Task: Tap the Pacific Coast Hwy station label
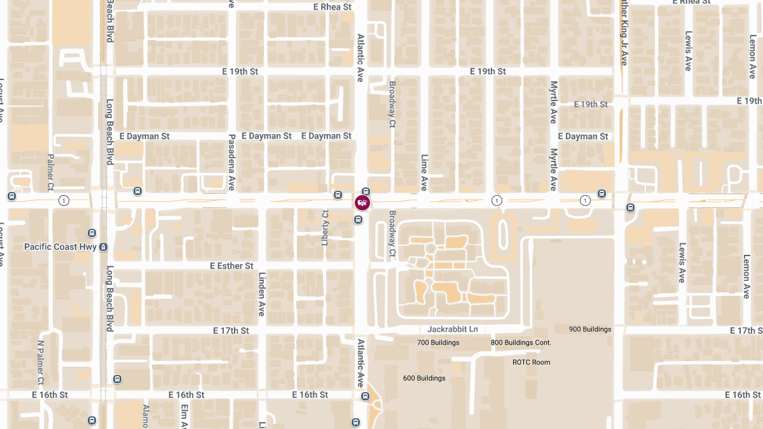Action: point(59,247)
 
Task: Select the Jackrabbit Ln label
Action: point(452,329)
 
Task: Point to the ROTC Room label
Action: point(531,362)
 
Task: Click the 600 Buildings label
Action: point(424,378)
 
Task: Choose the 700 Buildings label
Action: point(438,343)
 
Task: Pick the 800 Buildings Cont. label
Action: point(520,343)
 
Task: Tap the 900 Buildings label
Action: point(590,329)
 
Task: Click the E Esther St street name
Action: point(231,266)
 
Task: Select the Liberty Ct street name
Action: point(326,226)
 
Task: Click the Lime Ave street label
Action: point(424,172)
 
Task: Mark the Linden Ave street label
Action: point(261,294)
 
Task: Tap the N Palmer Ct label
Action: point(41,362)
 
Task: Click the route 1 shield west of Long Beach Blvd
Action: point(64,201)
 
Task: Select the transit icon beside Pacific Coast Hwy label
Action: point(104,247)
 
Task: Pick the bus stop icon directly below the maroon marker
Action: point(359,220)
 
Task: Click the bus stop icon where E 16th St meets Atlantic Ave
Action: point(365,397)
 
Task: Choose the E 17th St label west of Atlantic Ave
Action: point(230,330)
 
